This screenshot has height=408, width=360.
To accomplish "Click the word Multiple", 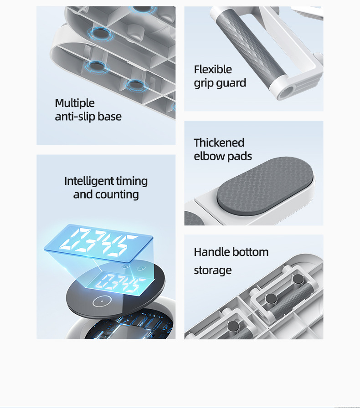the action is (74, 103).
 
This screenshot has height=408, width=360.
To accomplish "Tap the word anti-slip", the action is (75, 117).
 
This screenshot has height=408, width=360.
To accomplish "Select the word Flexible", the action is (212, 70).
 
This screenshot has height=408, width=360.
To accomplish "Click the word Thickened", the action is (219, 143).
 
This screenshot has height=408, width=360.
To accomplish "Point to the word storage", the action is (212, 270).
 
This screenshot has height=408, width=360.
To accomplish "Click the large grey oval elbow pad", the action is (265, 186).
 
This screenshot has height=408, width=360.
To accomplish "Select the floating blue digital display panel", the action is (99, 243).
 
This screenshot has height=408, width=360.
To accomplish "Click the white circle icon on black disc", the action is (102, 301).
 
